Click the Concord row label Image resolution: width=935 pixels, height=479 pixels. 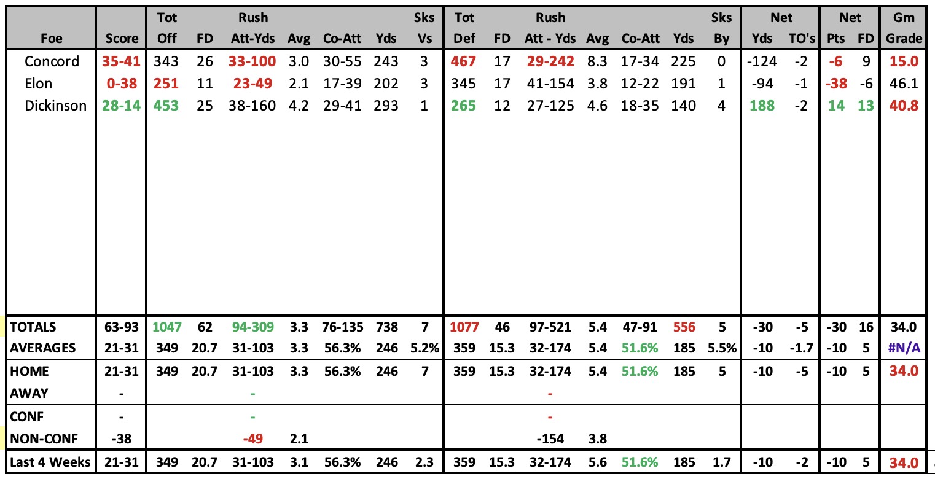tap(52, 61)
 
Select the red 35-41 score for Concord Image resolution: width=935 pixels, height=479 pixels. tap(121, 61)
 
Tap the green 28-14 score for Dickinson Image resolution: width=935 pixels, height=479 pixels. tap(121, 106)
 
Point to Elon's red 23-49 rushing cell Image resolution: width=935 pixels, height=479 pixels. tap(252, 84)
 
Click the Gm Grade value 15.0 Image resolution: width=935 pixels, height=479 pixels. tap(904, 61)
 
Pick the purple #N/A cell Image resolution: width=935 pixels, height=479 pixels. tap(904, 348)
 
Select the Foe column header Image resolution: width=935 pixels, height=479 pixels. tap(52, 39)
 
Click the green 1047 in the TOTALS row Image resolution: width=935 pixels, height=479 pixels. tap(167, 327)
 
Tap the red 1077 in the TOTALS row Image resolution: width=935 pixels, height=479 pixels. tap(464, 327)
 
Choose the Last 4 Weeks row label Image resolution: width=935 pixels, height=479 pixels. tap(50, 462)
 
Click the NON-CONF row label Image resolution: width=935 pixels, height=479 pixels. tap(44, 439)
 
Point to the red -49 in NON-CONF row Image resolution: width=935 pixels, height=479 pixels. tap(253, 439)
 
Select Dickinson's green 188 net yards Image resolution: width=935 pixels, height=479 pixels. tap(762, 106)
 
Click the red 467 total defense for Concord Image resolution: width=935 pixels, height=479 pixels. tap(463, 61)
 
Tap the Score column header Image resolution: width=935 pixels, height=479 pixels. tap(122, 39)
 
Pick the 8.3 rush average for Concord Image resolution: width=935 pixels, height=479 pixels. tap(597, 61)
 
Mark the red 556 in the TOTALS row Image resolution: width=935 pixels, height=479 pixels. tap(684, 327)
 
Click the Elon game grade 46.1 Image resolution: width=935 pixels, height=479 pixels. tap(904, 84)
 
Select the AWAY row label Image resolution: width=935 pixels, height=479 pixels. tap(29, 394)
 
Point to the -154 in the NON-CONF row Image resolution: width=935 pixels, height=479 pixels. tap(550, 439)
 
